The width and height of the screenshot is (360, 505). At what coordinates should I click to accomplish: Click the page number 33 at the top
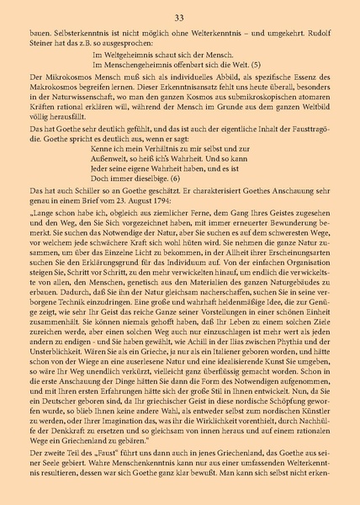[180, 18]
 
